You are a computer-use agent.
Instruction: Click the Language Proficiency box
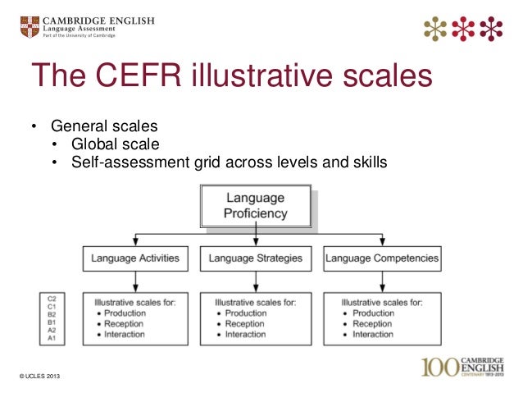point(255,206)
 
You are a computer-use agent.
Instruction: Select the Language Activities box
point(135,258)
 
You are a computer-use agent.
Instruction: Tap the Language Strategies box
point(255,258)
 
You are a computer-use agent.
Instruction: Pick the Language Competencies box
point(381,258)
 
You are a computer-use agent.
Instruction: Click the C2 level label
point(52,297)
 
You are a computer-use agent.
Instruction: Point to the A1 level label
point(52,337)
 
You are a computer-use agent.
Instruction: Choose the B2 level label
point(52,313)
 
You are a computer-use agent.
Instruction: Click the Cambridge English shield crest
point(28,26)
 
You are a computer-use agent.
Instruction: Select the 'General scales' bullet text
point(103,127)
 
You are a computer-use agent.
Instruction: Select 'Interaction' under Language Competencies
point(373,335)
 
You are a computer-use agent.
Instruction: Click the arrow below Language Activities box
point(136,281)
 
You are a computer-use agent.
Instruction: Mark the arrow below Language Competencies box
point(381,281)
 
